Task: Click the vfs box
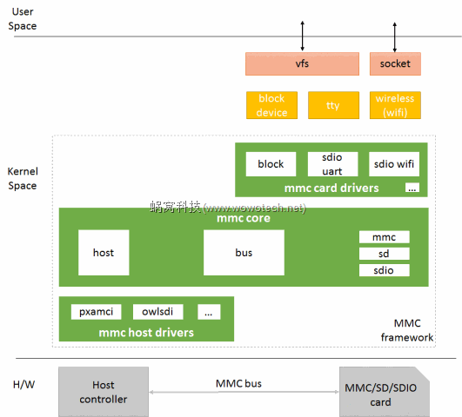click(303, 63)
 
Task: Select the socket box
click(395, 63)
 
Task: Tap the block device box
click(271, 105)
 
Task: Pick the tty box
click(333, 105)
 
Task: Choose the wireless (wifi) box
click(395, 105)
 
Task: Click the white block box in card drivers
click(271, 164)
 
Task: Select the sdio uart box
click(332, 164)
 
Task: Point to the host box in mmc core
click(104, 253)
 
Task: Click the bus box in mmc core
click(244, 253)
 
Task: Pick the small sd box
click(384, 254)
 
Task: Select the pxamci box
click(93, 312)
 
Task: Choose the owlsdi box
click(157, 312)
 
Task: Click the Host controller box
click(104, 392)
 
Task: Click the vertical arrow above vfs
click(303, 36)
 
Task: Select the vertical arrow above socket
click(395, 36)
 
